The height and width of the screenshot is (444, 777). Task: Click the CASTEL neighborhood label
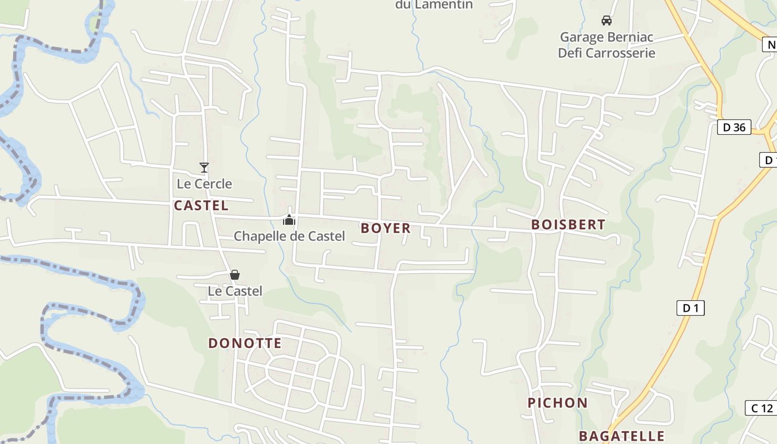201,205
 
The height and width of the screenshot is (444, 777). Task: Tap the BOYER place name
386,228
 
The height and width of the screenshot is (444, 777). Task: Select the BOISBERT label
568,224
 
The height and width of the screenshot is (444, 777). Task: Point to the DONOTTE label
245,343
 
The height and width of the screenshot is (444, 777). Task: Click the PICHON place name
557,403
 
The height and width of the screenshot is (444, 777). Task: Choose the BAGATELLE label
622,436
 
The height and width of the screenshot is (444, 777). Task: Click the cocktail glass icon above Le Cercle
204,167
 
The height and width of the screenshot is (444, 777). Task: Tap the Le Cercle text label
204,183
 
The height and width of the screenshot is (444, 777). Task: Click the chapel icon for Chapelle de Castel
289,220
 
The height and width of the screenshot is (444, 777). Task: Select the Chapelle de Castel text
289,236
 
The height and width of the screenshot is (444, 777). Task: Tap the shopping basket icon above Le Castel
235,275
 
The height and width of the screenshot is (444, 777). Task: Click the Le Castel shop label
235,291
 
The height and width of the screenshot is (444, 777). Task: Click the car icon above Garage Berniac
607,21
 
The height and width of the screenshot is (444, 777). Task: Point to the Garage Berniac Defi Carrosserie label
607,45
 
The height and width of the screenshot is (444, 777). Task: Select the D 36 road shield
734,127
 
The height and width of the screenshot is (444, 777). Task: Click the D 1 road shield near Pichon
690,308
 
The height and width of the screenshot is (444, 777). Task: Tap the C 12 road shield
761,408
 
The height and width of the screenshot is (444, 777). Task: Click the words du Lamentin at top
433,5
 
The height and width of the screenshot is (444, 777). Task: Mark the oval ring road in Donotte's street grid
268,369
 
